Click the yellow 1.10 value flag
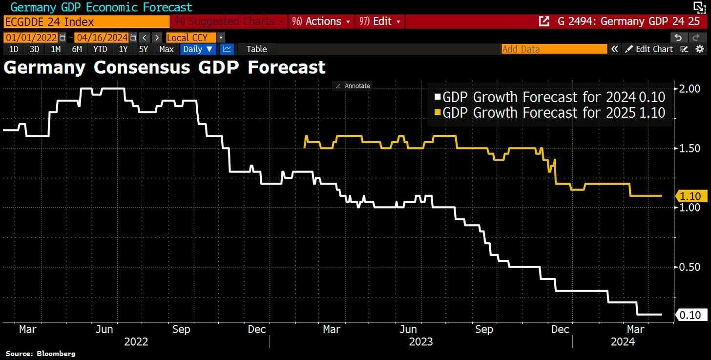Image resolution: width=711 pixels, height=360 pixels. [690, 196]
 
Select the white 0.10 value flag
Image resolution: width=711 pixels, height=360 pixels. [690, 315]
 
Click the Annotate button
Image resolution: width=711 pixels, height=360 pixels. [352, 86]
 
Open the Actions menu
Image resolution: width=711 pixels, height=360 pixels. [321, 21]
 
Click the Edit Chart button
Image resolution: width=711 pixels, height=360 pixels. [649, 49]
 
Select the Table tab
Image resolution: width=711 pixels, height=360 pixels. [256, 49]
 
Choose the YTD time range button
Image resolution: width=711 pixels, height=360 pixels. [100, 49]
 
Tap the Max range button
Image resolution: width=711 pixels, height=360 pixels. [166, 49]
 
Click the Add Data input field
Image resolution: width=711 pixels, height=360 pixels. [554, 49]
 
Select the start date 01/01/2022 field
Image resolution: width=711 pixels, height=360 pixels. [31, 38]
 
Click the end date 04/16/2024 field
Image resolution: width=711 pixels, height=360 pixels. [101, 38]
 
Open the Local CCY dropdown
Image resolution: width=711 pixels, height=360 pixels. [194, 38]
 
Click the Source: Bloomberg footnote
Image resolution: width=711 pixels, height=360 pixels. [41, 353]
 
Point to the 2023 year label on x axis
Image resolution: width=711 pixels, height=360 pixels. [420, 341]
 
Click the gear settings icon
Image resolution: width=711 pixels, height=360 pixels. [700, 49]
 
